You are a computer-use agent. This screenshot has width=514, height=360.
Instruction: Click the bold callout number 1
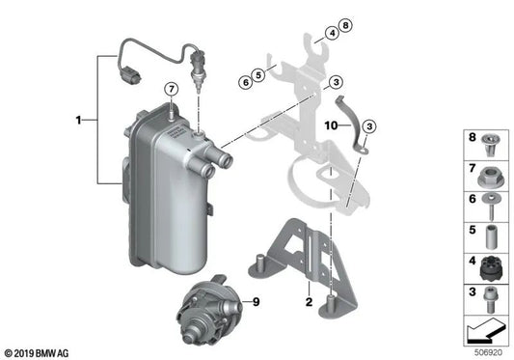[x=80, y=121]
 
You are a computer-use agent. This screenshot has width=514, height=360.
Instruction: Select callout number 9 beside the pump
[x=257, y=303]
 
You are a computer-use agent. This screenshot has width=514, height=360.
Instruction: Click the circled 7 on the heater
[x=171, y=90]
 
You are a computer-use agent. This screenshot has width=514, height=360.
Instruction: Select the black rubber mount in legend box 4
[x=490, y=263]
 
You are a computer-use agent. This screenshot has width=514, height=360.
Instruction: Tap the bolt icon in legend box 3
[x=490, y=293]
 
